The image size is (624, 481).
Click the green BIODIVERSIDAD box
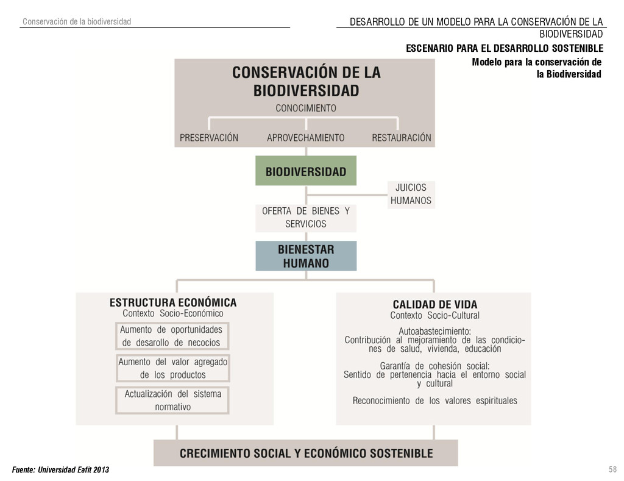[x=305, y=171]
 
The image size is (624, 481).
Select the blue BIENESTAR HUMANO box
[x=305, y=257]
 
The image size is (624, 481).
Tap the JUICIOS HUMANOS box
[x=411, y=194]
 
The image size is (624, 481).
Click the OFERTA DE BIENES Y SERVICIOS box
[x=305, y=218]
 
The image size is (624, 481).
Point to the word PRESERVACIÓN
[x=209, y=138]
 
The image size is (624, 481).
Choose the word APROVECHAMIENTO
[x=305, y=138]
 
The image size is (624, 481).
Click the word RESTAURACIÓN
[x=401, y=138]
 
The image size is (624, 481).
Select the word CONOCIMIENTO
[x=305, y=109]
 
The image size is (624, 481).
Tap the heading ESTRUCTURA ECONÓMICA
[x=173, y=302]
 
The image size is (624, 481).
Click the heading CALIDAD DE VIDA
[x=434, y=304]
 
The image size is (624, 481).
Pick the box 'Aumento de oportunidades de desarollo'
[x=171, y=336]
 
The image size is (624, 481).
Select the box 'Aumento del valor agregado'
[x=172, y=368]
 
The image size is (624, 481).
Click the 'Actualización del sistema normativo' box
[x=172, y=400]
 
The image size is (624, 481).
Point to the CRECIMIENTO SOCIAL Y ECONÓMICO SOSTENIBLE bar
[x=305, y=454]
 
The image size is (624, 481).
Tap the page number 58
[x=612, y=469]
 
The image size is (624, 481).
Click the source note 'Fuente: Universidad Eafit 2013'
[x=61, y=470]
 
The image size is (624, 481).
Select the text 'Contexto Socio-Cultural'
[x=434, y=316]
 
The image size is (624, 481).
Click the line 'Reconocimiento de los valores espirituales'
[x=434, y=401]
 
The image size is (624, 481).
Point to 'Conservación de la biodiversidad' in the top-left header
[x=77, y=22]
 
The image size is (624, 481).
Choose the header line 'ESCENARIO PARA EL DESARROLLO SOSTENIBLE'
[x=505, y=48]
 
